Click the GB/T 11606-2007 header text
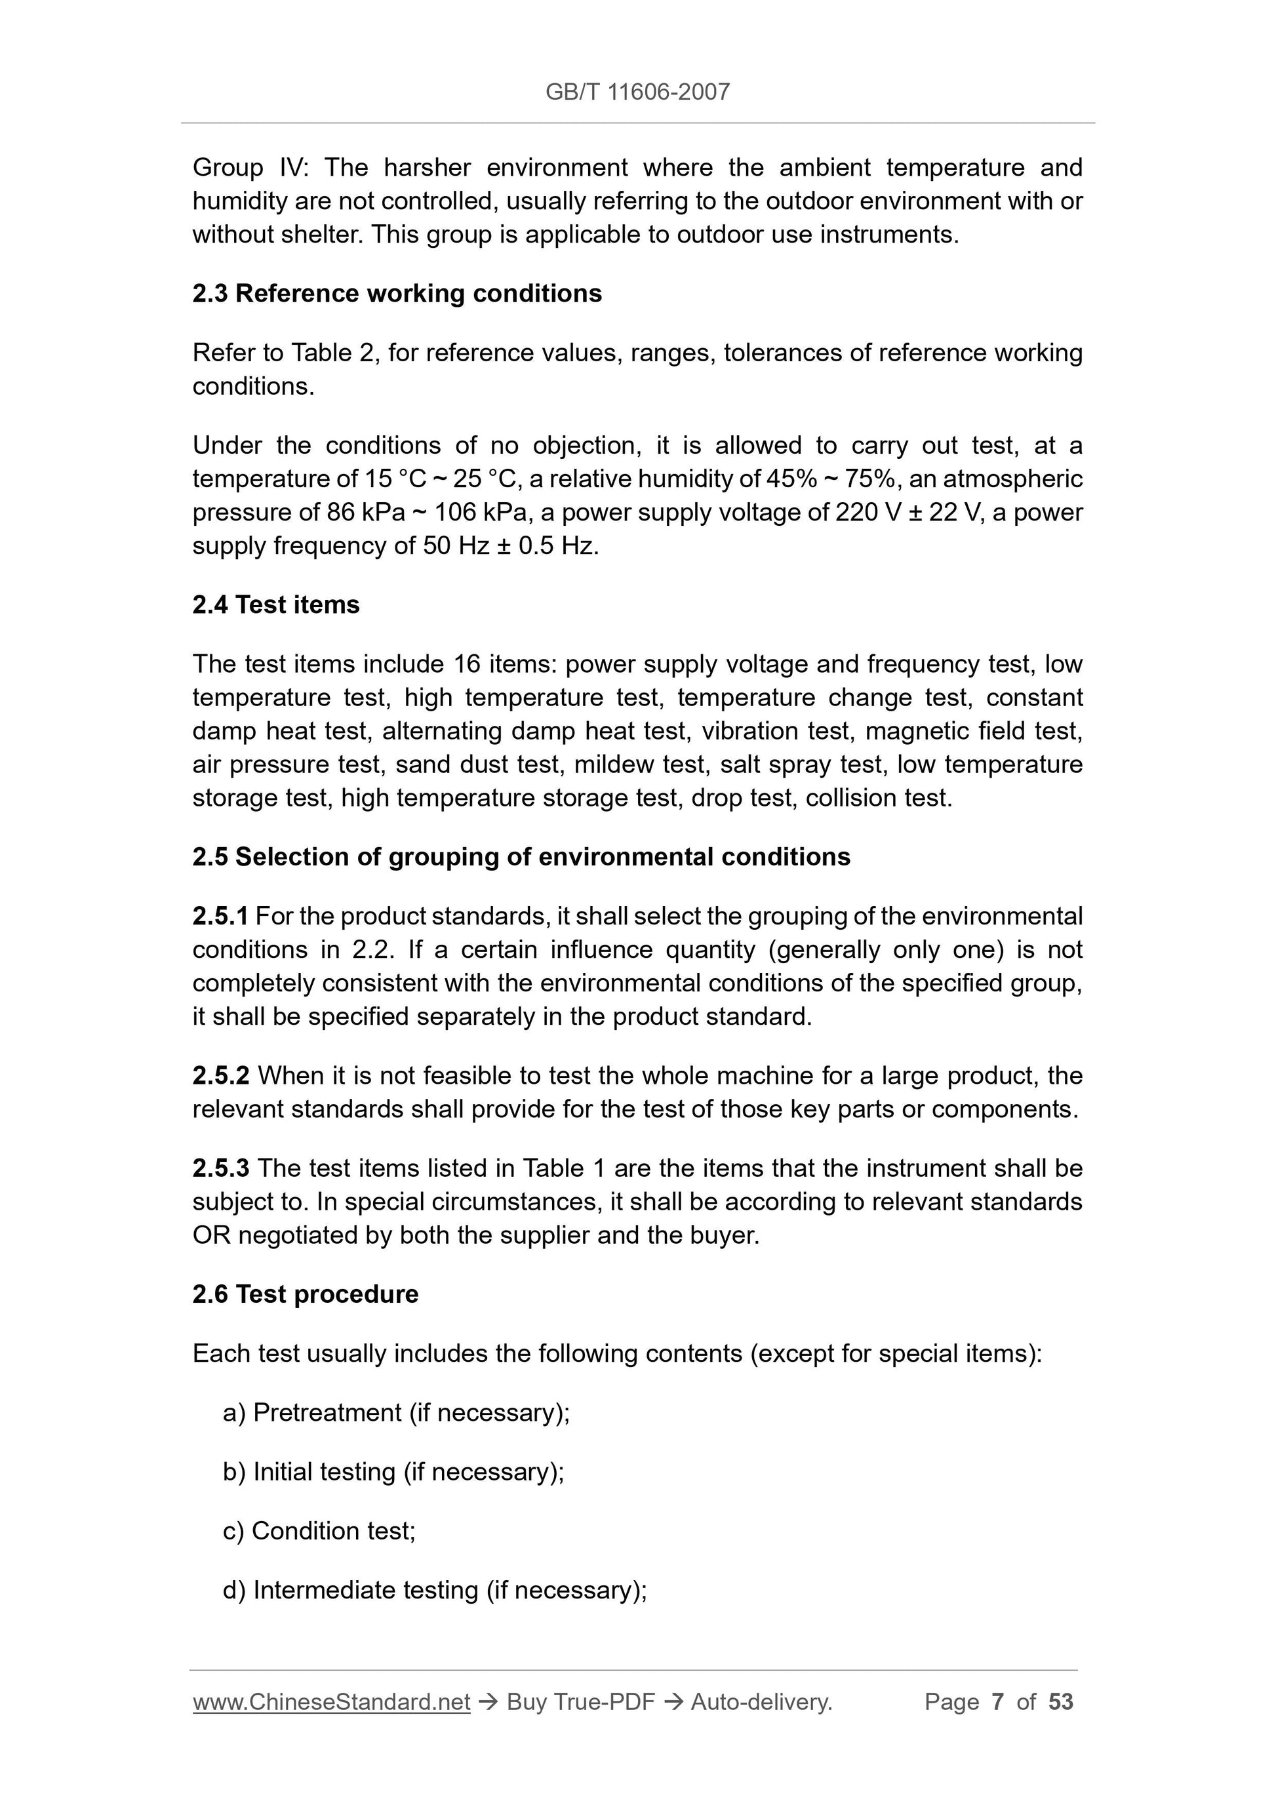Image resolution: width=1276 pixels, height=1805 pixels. (x=637, y=92)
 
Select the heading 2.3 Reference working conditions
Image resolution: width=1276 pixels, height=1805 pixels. (x=397, y=293)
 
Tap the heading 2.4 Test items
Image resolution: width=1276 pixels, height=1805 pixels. (x=276, y=605)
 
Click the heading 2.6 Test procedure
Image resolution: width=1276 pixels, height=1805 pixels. (x=305, y=1294)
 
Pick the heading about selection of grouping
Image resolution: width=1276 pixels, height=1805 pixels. (x=521, y=856)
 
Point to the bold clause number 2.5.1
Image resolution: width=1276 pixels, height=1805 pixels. (x=220, y=916)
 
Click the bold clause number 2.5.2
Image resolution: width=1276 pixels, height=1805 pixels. (x=221, y=1075)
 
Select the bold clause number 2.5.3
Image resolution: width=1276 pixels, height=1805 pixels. (x=221, y=1168)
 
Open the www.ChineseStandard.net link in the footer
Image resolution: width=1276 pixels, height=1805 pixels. (x=331, y=1702)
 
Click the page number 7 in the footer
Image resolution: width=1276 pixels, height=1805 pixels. (x=998, y=1702)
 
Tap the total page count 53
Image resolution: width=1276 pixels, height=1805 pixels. (x=1060, y=1702)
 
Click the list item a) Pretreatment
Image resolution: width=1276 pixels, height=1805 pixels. (x=396, y=1413)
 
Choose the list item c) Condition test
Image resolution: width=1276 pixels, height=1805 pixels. (x=319, y=1531)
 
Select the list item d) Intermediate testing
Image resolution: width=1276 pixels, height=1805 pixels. (x=435, y=1589)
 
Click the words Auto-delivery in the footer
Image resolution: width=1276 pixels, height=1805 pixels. (x=761, y=1702)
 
